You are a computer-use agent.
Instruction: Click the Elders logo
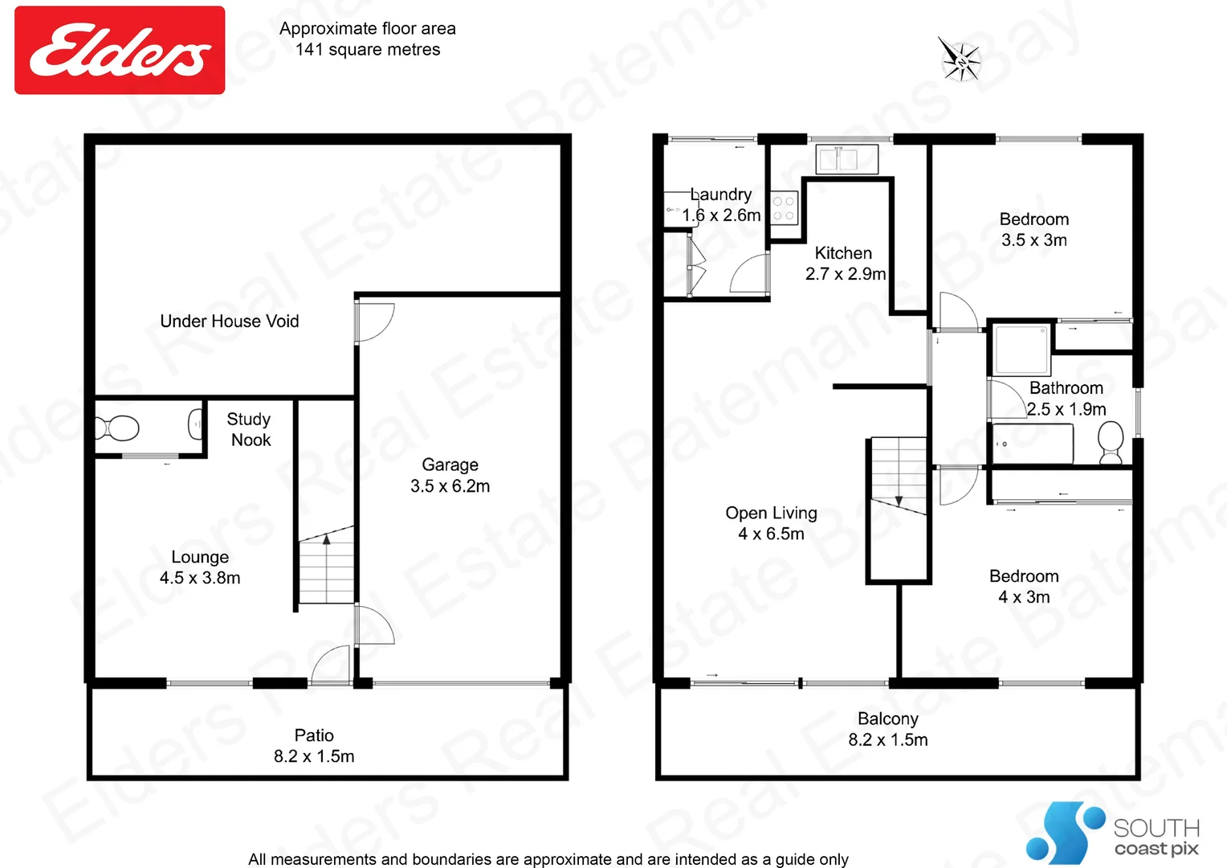[x=120, y=50]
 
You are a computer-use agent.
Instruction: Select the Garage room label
[x=450, y=475]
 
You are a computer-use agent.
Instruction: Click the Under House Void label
[x=230, y=321]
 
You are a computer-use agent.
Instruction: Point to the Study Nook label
[x=250, y=429]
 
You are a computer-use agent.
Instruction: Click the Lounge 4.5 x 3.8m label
[x=200, y=567]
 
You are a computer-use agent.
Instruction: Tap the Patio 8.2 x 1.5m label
[x=314, y=746]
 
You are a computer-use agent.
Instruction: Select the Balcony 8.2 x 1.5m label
[x=888, y=729]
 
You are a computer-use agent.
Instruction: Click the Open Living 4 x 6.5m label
[x=771, y=523]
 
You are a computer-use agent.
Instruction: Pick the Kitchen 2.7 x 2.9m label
[x=845, y=264]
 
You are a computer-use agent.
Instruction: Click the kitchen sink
[x=846, y=159]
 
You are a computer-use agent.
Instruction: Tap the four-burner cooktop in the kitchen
[x=784, y=207]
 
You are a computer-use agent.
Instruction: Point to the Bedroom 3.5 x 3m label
[x=1034, y=230]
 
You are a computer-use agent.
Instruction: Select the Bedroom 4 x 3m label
[x=1024, y=587]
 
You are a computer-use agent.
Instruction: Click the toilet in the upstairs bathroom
[x=1111, y=442]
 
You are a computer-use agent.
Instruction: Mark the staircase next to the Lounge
[x=326, y=567]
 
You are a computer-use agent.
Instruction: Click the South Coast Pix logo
[x=1112, y=833]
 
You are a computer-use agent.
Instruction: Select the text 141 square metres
[x=368, y=50]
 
